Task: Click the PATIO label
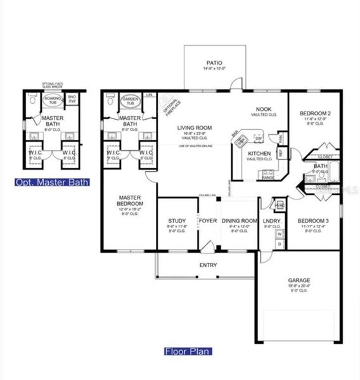pyautogui.click(x=213, y=63)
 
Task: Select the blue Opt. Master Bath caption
pyautogui.click(x=52, y=182)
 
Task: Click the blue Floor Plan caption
pyautogui.click(x=188, y=351)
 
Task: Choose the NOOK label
pyautogui.click(x=263, y=109)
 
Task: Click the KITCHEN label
pyautogui.click(x=259, y=153)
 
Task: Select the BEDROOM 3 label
pyautogui.click(x=313, y=221)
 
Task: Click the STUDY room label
pyautogui.click(x=175, y=221)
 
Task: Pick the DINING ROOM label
pyautogui.click(x=238, y=221)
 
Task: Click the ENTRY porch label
pyautogui.click(x=208, y=265)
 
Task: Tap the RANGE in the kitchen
pyautogui.click(x=267, y=174)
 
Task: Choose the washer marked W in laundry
pyautogui.click(x=280, y=234)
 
